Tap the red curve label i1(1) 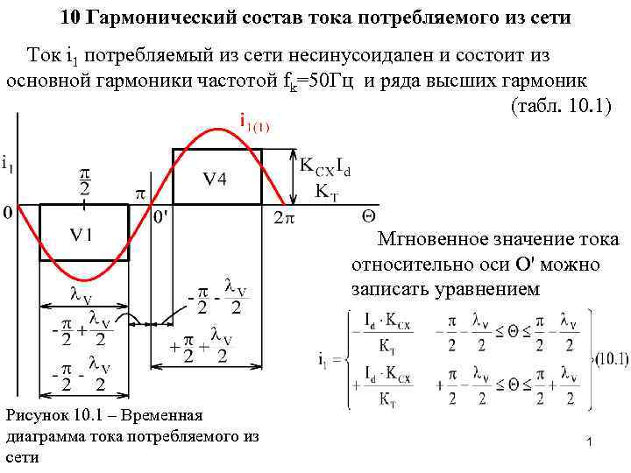coord(255,124)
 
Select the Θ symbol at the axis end coord(369,215)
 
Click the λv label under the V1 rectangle coord(82,295)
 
